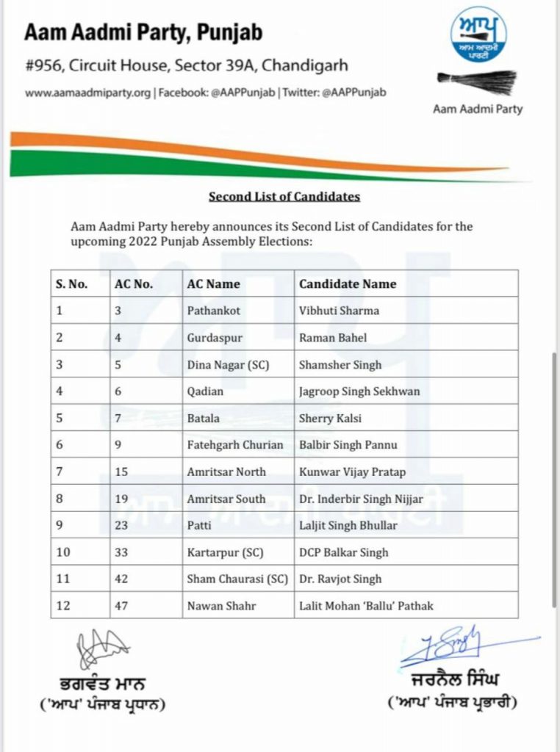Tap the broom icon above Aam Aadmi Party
(x=477, y=81)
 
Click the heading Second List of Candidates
(x=284, y=197)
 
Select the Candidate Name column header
(x=348, y=284)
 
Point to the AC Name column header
(x=213, y=284)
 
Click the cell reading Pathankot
(x=213, y=311)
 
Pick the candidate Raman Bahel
(x=333, y=338)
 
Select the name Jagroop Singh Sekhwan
(x=359, y=391)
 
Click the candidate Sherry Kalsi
(x=330, y=419)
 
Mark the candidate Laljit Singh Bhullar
(x=348, y=526)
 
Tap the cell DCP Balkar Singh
(x=343, y=552)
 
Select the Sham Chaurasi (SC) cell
(x=237, y=579)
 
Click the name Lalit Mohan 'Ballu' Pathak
(x=366, y=606)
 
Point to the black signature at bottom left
(x=101, y=649)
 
